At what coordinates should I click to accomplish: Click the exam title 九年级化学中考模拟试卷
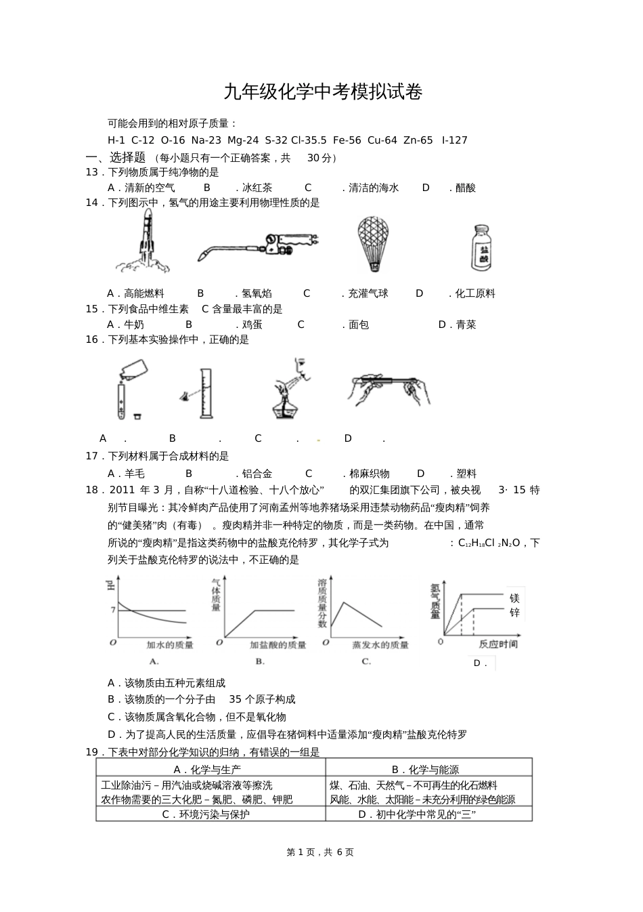[322, 92]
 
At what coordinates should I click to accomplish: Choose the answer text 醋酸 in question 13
[466, 188]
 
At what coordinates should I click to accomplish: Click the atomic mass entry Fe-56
[347, 140]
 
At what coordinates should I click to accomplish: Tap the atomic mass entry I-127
[453, 140]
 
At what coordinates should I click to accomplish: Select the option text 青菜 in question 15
[466, 325]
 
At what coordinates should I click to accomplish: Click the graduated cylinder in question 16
[202, 393]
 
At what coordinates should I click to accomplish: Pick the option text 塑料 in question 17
[466, 474]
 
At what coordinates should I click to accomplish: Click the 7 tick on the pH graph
[113, 610]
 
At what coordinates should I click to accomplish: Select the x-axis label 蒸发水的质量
[380, 645]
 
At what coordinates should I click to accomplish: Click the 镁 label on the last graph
[514, 598]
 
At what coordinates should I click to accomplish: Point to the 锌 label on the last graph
[514, 613]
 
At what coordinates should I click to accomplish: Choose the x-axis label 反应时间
[497, 644]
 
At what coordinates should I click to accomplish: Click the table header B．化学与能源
[425, 770]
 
